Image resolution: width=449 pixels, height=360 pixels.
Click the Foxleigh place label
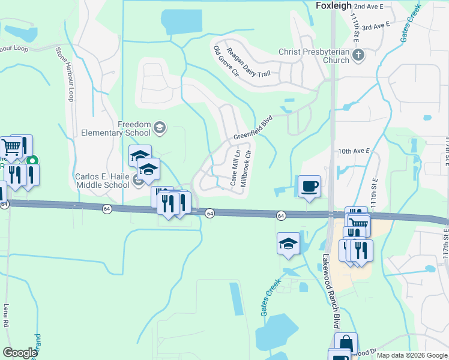pyautogui.click(x=333, y=5)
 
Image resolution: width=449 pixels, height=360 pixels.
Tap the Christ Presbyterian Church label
pyautogui.click(x=314, y=56)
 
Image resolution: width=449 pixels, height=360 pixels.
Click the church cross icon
pyautogui.click(x=358, y=56)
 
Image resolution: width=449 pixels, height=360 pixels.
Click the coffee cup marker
pyautogui.click(x=310, y=187)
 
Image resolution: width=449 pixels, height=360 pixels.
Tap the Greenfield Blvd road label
pyautogui.click(x=253, y=128)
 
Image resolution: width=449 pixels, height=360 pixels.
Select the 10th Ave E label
pyautogui.click(x=354, y=151)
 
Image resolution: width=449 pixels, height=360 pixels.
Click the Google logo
pyautogui.click(x=20, y=353)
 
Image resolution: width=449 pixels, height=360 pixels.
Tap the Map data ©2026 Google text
pyautogui.click(x=412, y=355)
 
